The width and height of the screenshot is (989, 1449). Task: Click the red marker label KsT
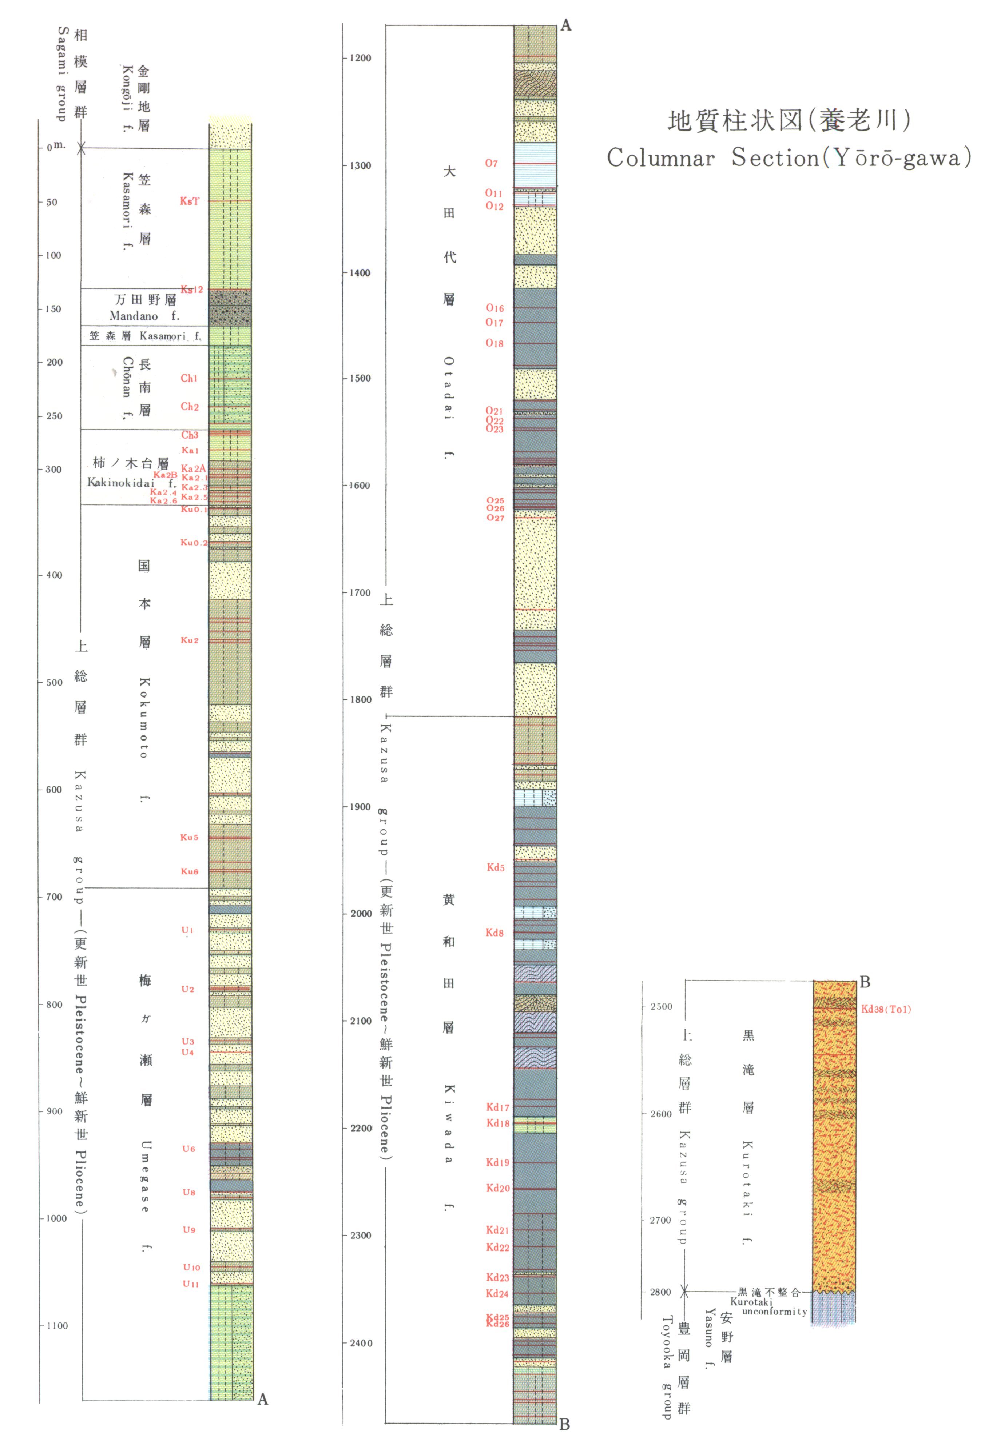190,201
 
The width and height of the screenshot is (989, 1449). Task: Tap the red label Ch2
190,407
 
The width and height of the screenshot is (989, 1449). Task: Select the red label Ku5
190,837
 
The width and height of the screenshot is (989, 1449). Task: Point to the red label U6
188,1149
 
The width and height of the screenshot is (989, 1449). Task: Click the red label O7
491,163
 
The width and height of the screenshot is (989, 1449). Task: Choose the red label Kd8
494,933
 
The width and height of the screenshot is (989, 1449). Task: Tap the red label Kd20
498,1188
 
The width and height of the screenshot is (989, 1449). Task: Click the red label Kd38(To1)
886,1009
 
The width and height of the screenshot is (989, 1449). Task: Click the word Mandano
134,316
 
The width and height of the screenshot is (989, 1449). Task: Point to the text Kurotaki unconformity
768,1307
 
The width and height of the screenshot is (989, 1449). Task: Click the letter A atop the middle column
565,25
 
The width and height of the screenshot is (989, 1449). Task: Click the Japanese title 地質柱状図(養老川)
789,120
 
